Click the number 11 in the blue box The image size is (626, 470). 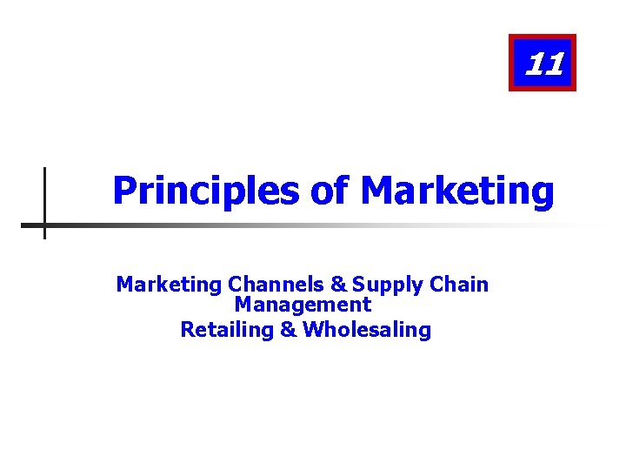[x=544, y=64]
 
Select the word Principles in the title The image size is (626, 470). [x=204, y=191]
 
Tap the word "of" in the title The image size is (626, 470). [x=329, y=191]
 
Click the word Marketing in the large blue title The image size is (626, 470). [x=456, y=191]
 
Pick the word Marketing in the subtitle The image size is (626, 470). [x=169, y=285]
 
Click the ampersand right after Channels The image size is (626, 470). [x=337, y=285]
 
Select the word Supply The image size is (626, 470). [x=379, y=285]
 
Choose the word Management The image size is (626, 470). [x=303, y=305]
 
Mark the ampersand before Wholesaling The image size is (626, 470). [x=288, y=330]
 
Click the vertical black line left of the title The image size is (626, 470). [x=44, y=187]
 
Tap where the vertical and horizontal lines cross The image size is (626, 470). [x=44, y=225]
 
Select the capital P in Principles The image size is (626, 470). [x=124, y=191]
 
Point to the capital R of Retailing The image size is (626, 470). [x=186, y=330]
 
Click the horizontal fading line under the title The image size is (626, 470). [x=261, y=225]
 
